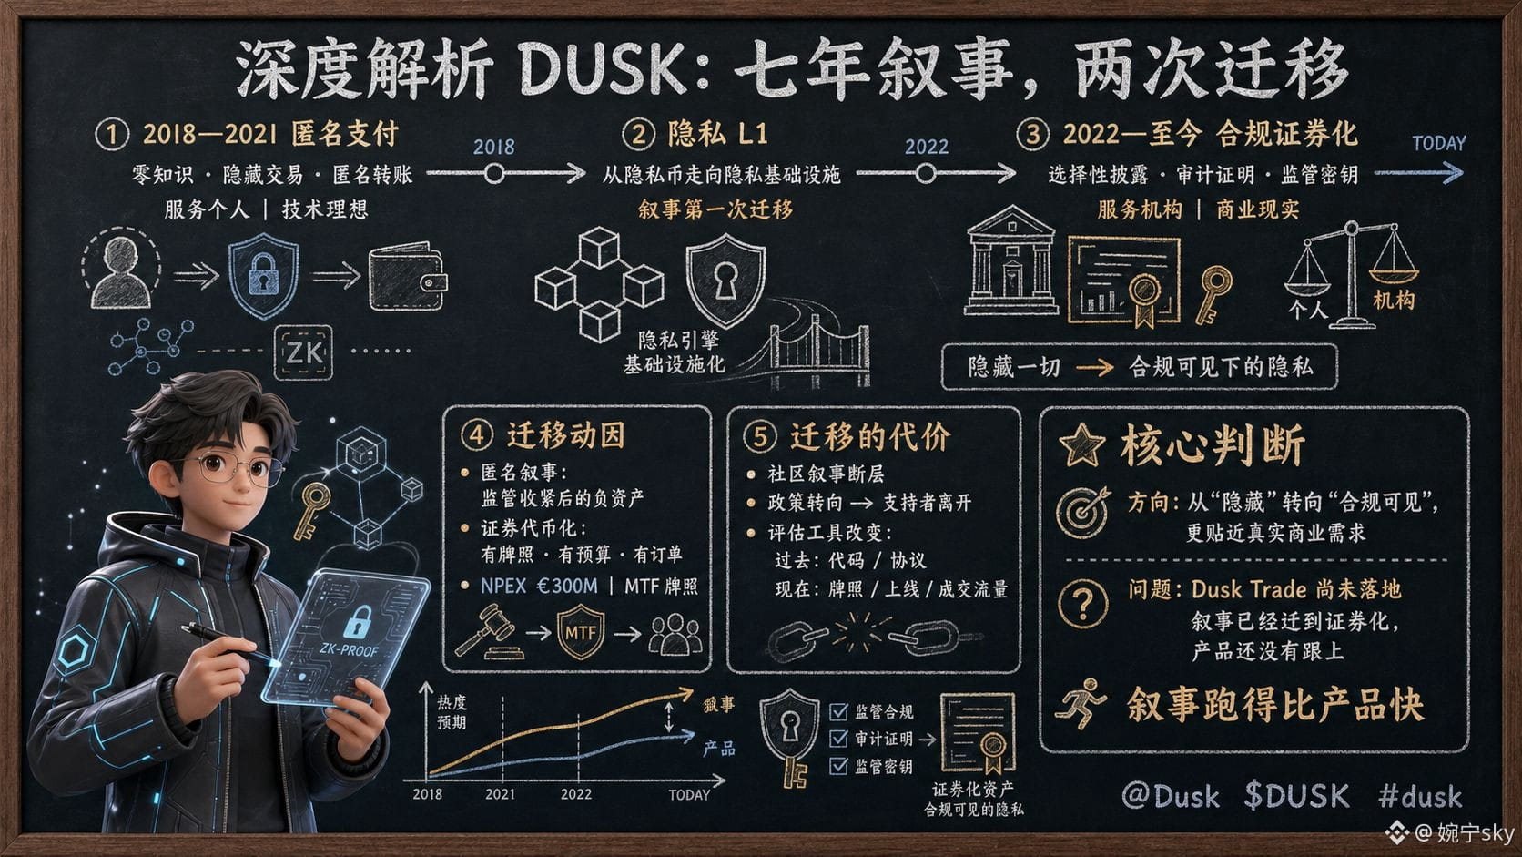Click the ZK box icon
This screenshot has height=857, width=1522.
tap(303, 352)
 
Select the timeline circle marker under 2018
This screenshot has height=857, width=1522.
tap(494, 174)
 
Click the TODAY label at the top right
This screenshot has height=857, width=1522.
tap(1438, 143)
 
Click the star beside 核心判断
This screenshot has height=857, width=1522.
tap(1081, 445)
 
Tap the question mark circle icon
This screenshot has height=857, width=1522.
tap(1083, 603)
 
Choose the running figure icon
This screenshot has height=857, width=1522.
tap(1081, 703)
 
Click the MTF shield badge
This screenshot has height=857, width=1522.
tap(580, 633)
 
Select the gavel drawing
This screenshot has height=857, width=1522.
tap(489, 633)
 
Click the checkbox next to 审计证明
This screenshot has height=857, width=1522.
tap(839, 739)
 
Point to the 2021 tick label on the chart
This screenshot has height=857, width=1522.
tap(500, 794)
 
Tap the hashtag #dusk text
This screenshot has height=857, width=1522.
tap(1419, 796)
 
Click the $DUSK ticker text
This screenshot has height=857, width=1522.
tap(1296, 795)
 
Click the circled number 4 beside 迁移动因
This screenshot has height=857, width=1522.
tap(476, 435)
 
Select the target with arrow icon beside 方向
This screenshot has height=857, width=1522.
tap(1083, 512)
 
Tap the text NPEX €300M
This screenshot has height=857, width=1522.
tap(539, 586)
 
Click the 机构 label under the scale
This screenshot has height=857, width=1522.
tap(1394, 300)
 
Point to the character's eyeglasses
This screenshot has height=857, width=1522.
tap(235, 468)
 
